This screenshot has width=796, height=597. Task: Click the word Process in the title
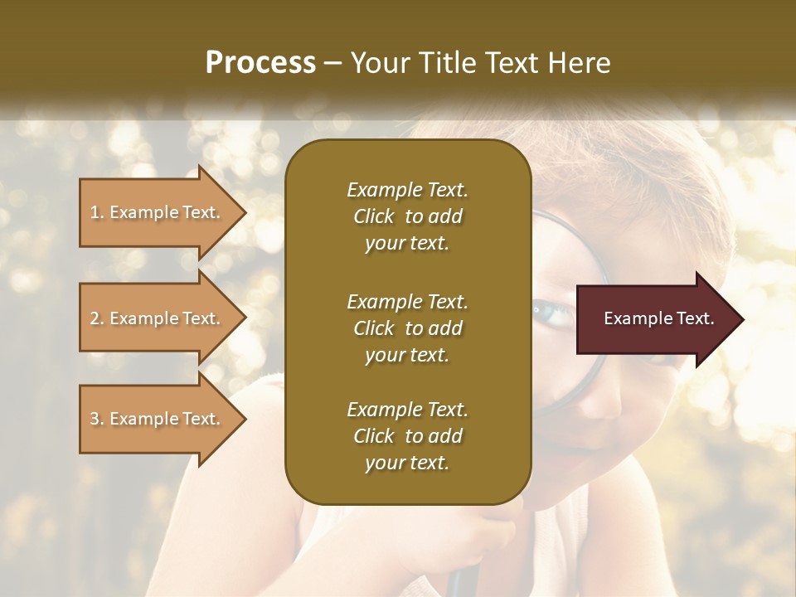pyautogui.click(x=260, y=62)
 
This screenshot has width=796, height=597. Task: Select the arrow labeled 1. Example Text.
pyautogui.click(x=158, y=212)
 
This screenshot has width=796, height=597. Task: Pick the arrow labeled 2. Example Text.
pyautogui.click(x=158, y=318)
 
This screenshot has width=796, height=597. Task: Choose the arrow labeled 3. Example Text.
pyautogui.click(x=158, y=419)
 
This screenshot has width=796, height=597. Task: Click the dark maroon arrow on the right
pyautogui.click(x=655, y=319)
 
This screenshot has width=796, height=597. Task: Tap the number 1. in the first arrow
pyautogui.click(x=97, y=212)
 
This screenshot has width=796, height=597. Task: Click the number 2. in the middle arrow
pyautogui.click(x=97, y=318)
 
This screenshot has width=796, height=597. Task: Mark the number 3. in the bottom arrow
pyautogui.click(x=97, y=419)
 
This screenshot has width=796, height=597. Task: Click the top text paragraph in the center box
pyautogui.click(x=407, y=216)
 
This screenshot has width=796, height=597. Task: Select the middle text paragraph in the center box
pyautogui.click(x=407, y=328)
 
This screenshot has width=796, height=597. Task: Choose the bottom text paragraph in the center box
pyautogui.click(x=407, y=436)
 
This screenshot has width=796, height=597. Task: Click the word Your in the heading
pyautogui.click(x=376, y=62)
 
